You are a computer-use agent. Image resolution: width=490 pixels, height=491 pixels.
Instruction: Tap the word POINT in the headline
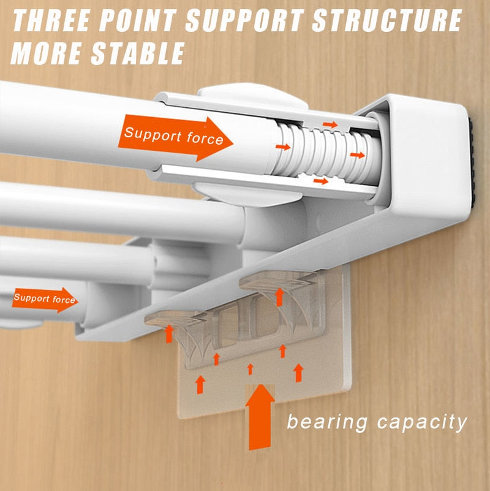[x=137, y=20]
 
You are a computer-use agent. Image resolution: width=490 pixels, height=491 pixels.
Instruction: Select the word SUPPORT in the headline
[x=244, y=20]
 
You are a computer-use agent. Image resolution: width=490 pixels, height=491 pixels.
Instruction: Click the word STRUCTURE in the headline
[x=387, y=20]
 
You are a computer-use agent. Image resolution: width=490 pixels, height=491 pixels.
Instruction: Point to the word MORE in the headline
[x=47, y=53]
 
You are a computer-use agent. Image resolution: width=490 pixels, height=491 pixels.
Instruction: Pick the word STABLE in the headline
[x=138, y=53]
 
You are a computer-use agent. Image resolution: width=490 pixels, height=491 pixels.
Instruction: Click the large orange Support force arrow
[x=175, y=138]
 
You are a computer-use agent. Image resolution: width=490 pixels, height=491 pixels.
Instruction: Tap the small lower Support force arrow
[x=45, y=300]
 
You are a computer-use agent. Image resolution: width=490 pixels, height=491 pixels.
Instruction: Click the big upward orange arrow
[x=260, y=417]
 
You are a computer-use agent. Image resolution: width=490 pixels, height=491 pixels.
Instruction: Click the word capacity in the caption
[x=422, y=423]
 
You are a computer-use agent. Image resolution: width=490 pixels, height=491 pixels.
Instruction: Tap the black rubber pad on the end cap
[x=472, y=160]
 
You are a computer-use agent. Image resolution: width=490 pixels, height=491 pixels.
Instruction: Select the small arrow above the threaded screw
[x=330, y=124]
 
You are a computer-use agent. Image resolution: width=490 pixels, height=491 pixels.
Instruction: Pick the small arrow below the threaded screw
[x=321, y=181]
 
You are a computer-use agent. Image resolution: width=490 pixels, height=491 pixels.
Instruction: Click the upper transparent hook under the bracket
[x=279, y=282]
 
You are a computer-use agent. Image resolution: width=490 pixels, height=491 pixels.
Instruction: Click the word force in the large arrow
[x=205, y=139]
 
